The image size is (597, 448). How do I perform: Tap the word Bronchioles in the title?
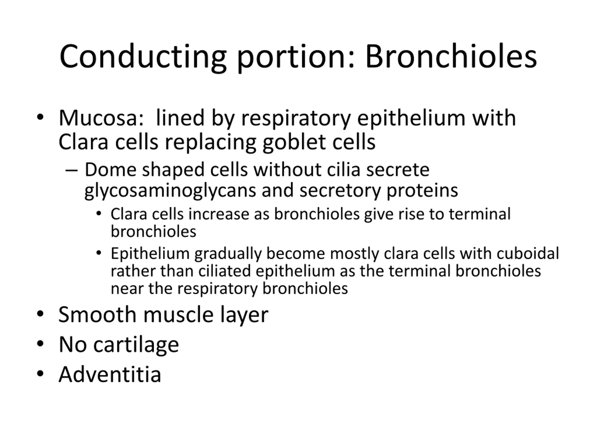(451, 56)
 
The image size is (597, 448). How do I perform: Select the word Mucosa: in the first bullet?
(101, 118)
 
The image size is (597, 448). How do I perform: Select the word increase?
(219, 214)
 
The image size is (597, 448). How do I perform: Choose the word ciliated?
(225, 271)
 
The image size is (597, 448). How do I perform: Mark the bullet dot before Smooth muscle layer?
(40, 314)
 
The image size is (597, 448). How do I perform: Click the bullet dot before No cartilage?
(40, 343)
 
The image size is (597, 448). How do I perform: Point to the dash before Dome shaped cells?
(72, 171)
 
